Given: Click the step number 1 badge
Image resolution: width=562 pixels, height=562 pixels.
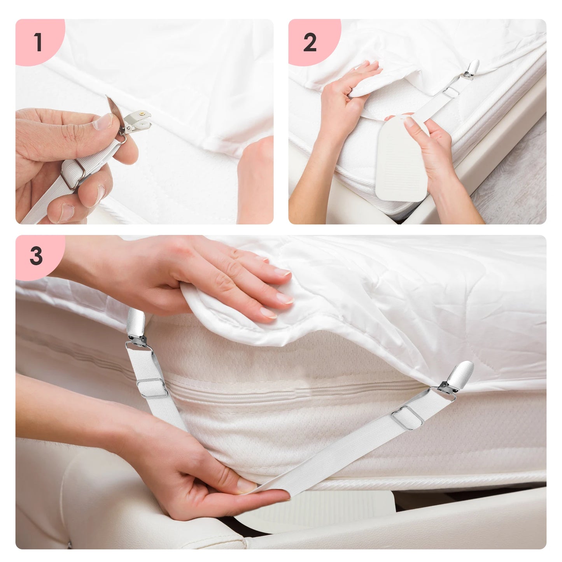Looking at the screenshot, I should click(x=38, y=42).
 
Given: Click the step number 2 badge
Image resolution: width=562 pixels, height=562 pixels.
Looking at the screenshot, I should click(x=310, y=42).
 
